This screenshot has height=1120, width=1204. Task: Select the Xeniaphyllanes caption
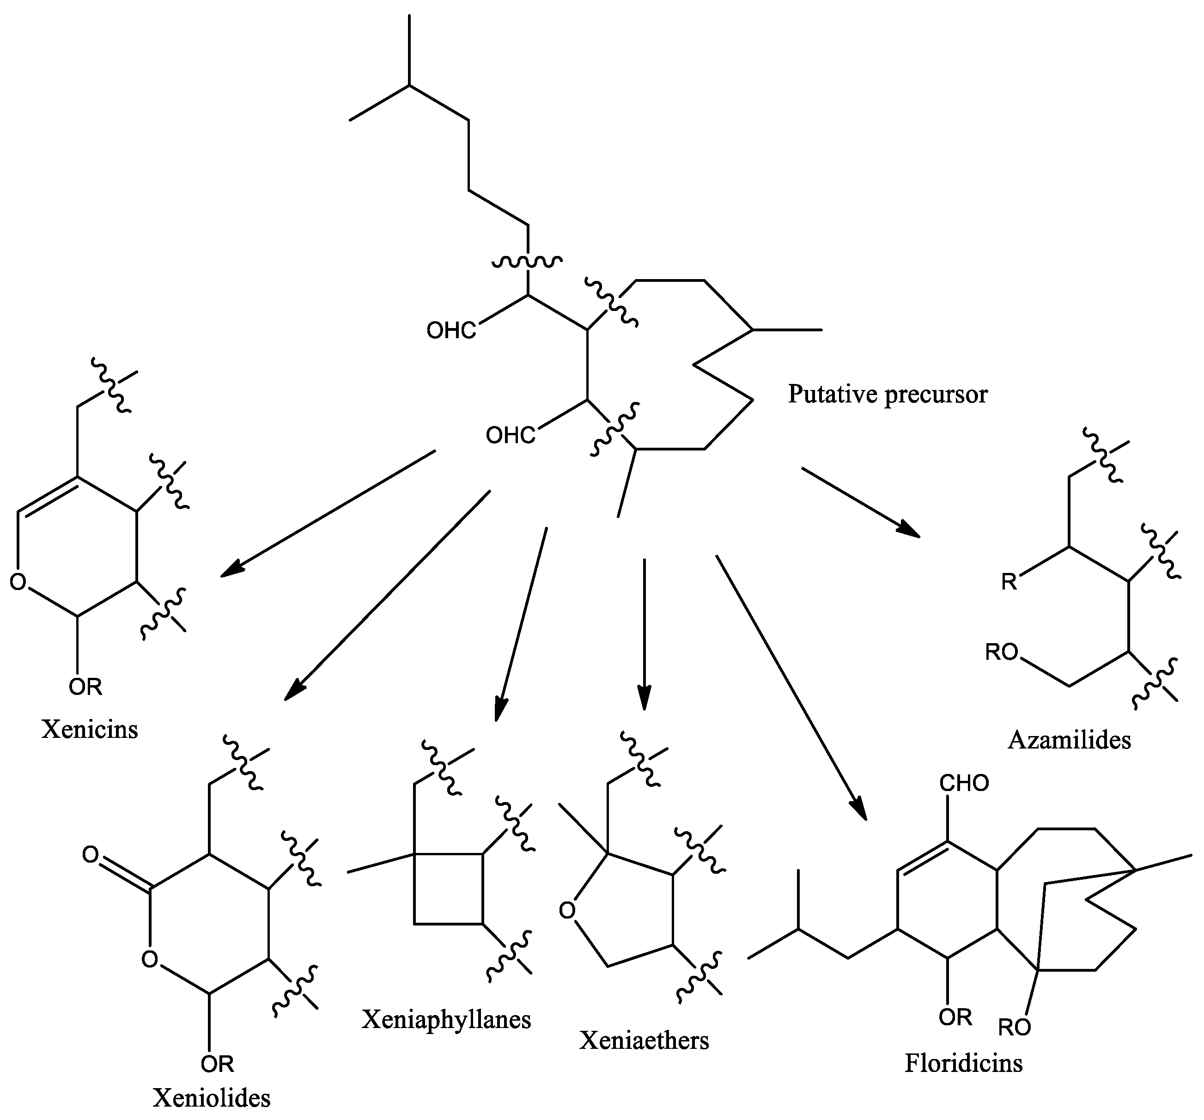click(446, 1019)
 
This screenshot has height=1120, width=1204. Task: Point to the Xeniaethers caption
click(644, 1040)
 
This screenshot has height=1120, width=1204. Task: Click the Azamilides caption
click(1070, 740)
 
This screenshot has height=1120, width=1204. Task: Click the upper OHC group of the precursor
click(451, 331)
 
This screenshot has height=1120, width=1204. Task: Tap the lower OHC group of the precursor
click(511, 436)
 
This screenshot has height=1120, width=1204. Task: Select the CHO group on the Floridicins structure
click(964, 783)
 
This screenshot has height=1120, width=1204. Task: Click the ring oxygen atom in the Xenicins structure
click(18, 582)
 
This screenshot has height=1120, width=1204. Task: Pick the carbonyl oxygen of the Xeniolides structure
click(91, 855)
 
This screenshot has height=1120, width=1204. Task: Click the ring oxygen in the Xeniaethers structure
click(567, 910)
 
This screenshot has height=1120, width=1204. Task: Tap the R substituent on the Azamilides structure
click(1009, 582)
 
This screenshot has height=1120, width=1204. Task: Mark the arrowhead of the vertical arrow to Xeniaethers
click(645, 701)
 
